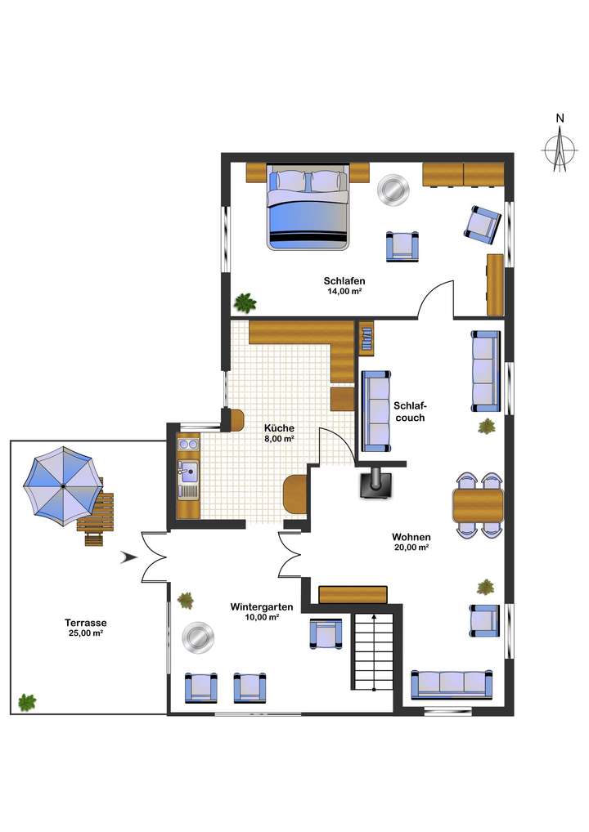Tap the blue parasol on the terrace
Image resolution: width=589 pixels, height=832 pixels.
coord(62,485)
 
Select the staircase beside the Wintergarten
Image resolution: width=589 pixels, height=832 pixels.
coord(373,651)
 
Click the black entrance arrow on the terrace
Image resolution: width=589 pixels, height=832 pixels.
coord(127,557)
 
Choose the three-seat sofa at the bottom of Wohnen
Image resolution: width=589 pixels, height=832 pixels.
coord(452,684)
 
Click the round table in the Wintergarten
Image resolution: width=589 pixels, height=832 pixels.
coord(198,637)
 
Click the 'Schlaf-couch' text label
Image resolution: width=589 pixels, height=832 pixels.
coord(410,411)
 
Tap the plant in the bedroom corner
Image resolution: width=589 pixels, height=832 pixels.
coord(245,302)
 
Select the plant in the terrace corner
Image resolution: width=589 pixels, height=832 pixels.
coord(28,701)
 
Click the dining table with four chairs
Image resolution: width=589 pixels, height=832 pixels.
coord(479,504)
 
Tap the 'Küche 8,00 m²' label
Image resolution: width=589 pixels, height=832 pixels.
coord(279,433)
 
